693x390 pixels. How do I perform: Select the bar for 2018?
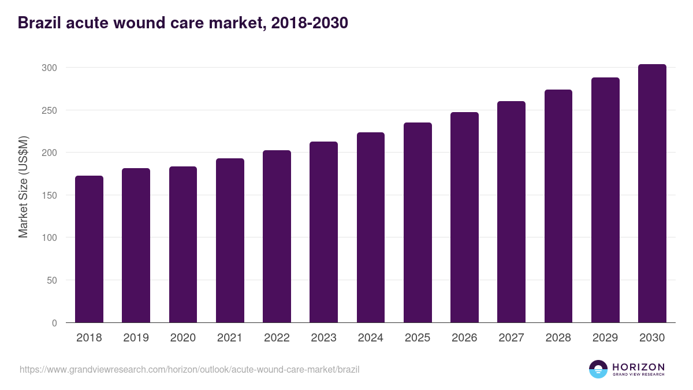[89, 249]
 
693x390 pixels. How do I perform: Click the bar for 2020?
[183, 244]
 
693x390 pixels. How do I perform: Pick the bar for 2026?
[464, 217]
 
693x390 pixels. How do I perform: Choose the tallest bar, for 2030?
[652, 193]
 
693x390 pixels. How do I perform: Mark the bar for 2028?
[558, 206]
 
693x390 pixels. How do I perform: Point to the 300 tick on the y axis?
[49, 68]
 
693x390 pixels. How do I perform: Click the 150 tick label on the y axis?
[49, 195]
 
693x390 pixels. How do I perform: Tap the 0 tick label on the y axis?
[54, 323]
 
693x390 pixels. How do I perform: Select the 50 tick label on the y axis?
[51, 280]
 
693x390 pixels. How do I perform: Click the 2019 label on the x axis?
[136, 338]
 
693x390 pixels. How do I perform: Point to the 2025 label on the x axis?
[418, 338]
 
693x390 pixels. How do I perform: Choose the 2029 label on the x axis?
[605, 338]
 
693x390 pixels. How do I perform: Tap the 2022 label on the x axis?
[277, 338]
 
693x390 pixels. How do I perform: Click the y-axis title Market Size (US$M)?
[23, 187]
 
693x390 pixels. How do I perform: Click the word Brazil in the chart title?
[39, 23]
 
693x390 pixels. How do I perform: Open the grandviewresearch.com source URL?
[189, 369]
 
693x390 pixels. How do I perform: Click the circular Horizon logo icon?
[598, 369]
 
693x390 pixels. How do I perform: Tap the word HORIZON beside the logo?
[638, 367]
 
